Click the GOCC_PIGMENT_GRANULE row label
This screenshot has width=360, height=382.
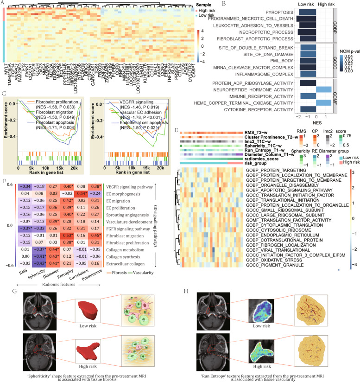[272, 258]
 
